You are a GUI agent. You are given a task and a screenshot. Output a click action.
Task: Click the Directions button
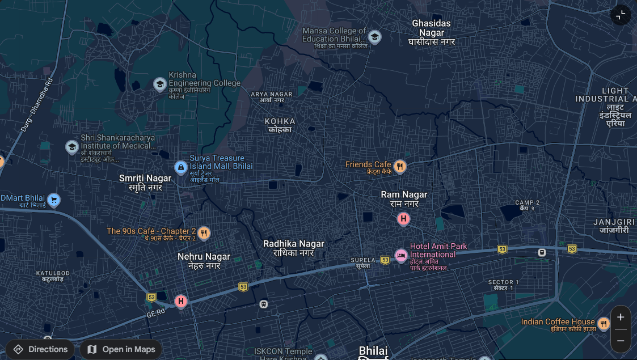click(x=40, y=349)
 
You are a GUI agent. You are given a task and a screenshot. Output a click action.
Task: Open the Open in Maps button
click(x=121, y=349)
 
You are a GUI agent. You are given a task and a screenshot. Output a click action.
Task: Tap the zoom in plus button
click(x=621, y=317)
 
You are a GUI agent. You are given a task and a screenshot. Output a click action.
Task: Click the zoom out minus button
click(x=621, y=341)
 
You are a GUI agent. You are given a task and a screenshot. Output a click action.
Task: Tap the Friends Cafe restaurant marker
click(x=400, y=166)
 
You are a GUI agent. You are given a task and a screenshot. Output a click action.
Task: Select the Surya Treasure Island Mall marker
click(x=181, y=167)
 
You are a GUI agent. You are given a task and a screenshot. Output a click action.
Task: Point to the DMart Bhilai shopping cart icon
click(x=54, y=200)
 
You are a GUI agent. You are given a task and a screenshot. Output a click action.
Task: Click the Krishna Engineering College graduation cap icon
click(x=160, y=84)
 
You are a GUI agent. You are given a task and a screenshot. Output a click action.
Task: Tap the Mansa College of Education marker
click(x=374, y=37)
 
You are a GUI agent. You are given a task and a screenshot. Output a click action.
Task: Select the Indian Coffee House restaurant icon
click(x=604, y=324)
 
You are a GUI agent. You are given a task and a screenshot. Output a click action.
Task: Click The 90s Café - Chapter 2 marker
click(x=204, y=232)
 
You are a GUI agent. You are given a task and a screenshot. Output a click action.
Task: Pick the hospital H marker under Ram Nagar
click(x=403, y=219)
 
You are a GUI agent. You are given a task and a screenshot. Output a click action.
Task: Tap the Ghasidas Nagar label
click(x=432, y=32)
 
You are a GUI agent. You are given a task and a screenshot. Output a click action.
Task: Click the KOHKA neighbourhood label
click(x=280, y=125)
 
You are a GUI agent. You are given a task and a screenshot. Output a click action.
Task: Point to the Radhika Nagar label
click(x=294, y=248)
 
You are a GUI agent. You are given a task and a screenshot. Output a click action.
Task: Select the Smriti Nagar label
click(x=145, y=182)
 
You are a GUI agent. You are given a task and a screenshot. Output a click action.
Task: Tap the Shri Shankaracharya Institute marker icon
click(x=72, y=147)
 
